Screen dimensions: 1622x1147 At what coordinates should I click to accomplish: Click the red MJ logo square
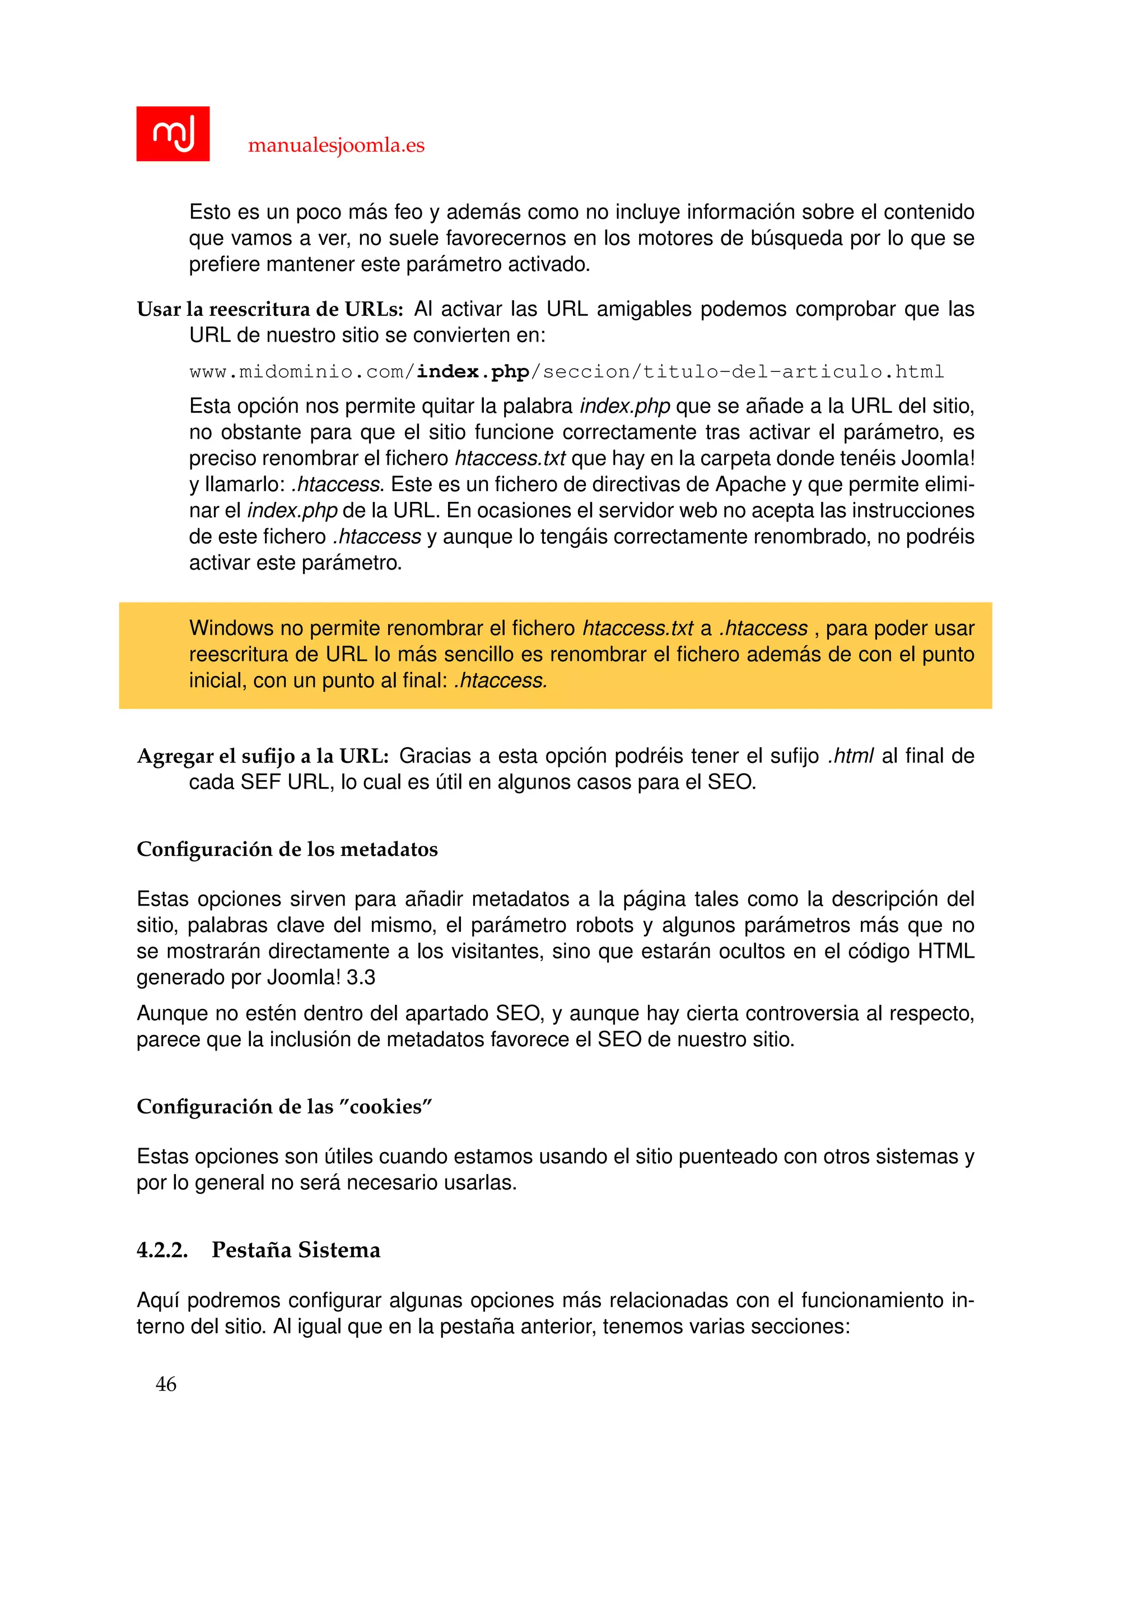click(172, 133)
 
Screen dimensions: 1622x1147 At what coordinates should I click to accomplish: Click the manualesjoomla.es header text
click(336, 146)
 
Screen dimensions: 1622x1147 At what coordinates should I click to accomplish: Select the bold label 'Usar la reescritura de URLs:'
click(270, 309)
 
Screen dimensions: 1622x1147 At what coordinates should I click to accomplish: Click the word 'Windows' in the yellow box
click(231, 628)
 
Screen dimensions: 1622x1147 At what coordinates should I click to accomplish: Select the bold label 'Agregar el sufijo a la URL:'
click(263, 757)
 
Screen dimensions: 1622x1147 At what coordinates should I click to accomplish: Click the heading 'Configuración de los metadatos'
click(287, 849)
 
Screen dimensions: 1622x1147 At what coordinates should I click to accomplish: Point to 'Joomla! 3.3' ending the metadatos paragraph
click(321, 978)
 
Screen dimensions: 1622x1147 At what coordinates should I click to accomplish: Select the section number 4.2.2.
click(162, 1251)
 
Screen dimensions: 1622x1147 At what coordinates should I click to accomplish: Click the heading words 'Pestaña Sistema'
click(295, 1251)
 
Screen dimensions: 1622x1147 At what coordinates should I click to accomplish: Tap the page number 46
click(166, 1384)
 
